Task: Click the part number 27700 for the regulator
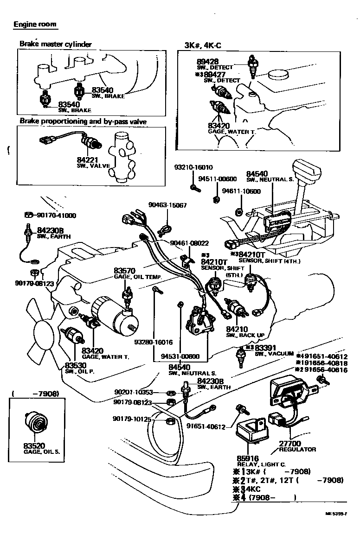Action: pos(290,444)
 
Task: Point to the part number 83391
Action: pos(266,348)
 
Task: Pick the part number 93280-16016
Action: pos(153,343)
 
